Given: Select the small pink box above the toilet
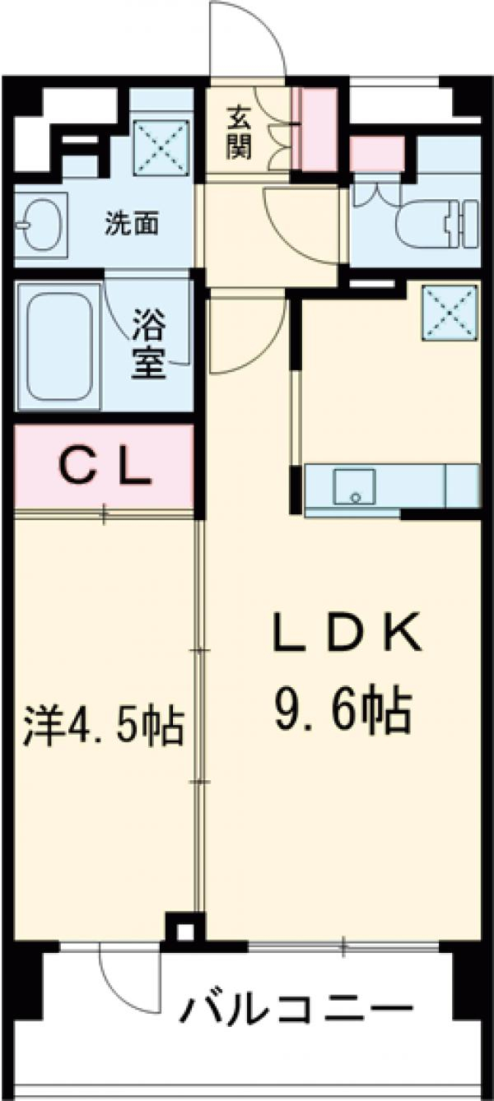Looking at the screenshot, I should pos(376,153).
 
